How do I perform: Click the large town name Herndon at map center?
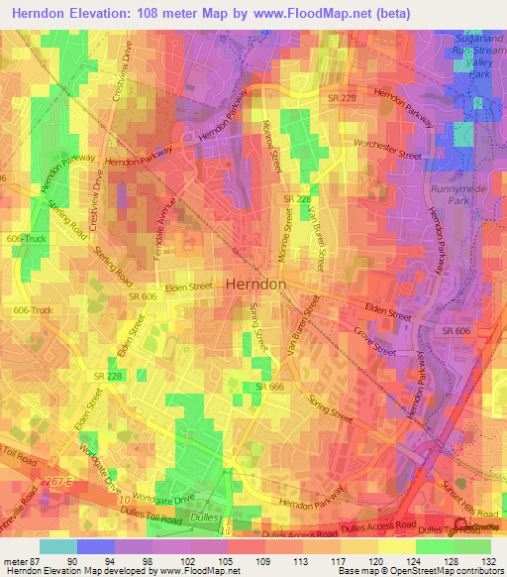pos(256,284)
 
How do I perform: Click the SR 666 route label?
pos(269,386)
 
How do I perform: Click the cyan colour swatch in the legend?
pos(58,546)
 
